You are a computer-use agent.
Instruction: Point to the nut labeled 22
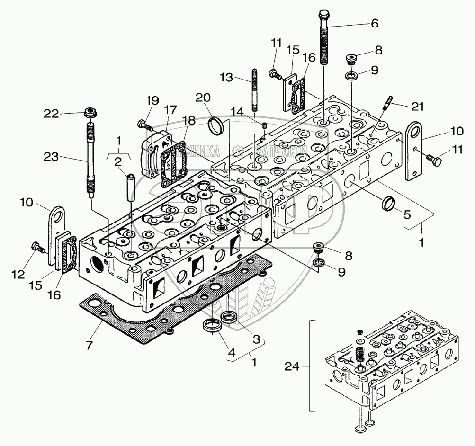pyautogui.click(x=89, y=113)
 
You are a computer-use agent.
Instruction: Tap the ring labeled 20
pyautogui.click(x=216, y=126)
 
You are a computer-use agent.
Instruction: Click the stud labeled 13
pyautogui.click(x=254, y=90)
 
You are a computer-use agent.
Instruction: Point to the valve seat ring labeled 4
pyautogui.click(x=210, y=326)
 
